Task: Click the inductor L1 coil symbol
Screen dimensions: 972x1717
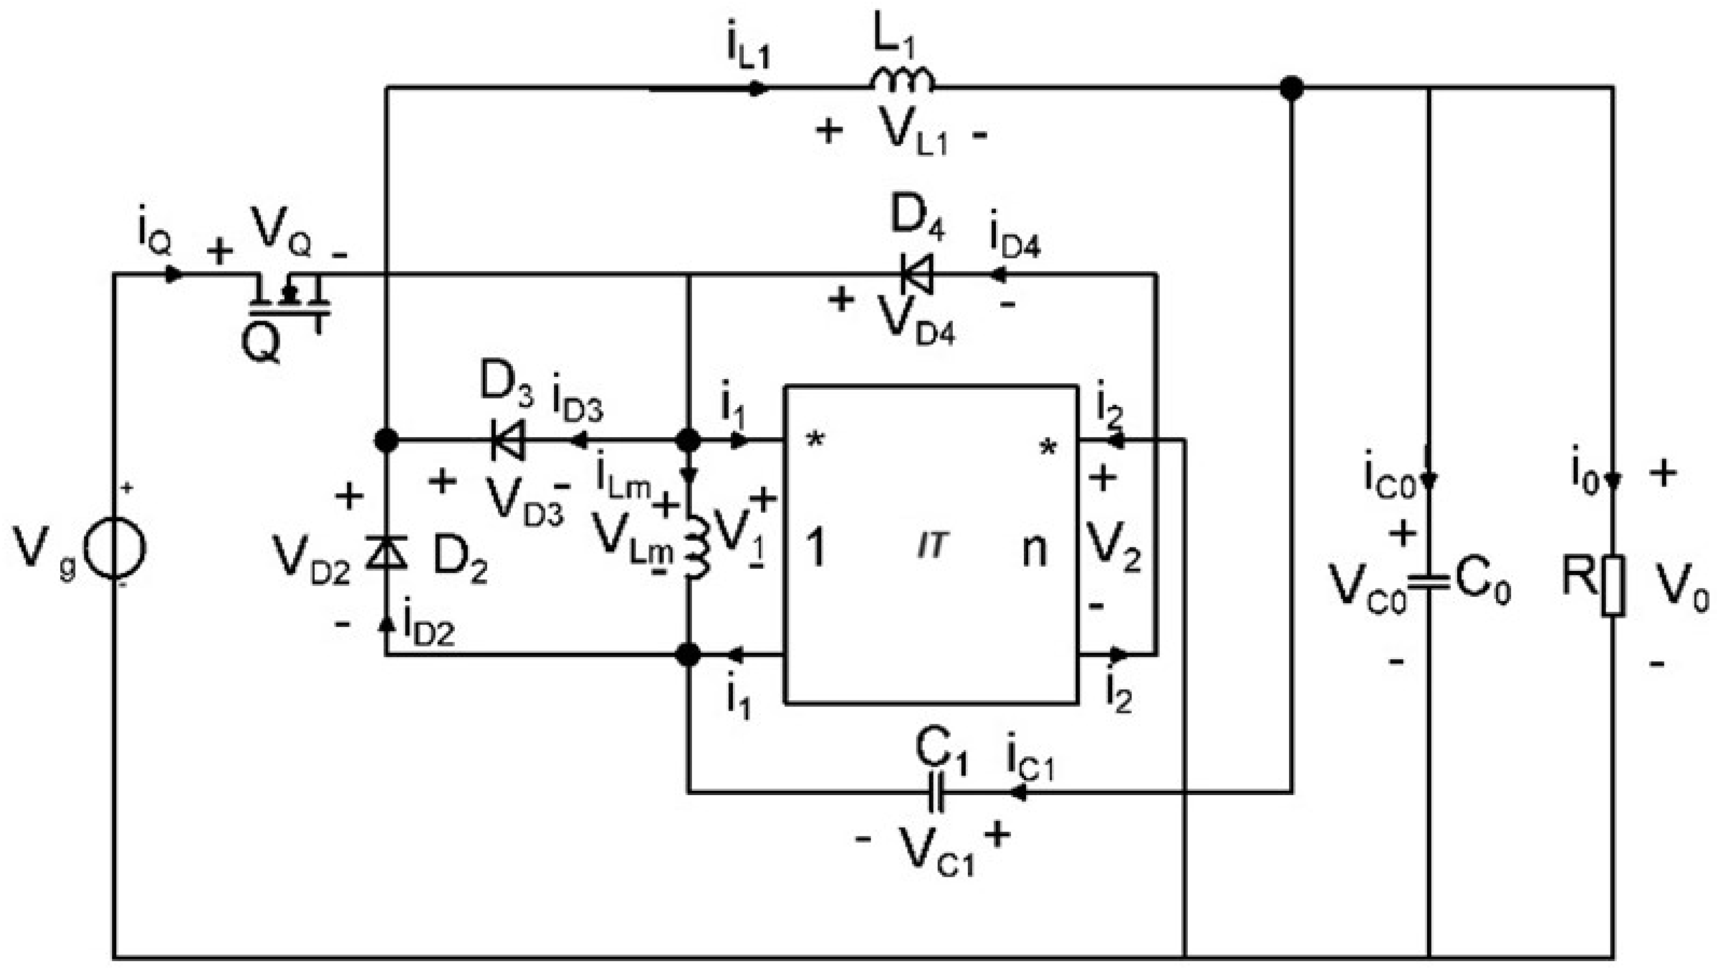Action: click(901, 81)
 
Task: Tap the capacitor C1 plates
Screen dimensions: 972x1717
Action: click(937, 792)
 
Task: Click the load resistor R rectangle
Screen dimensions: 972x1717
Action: click(1613, 585)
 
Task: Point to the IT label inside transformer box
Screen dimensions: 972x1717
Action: click(932, 547)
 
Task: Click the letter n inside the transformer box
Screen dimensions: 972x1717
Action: click(1034, 550)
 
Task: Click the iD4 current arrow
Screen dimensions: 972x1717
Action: click(998, 274)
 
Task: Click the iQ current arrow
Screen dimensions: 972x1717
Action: click(174, 274)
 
